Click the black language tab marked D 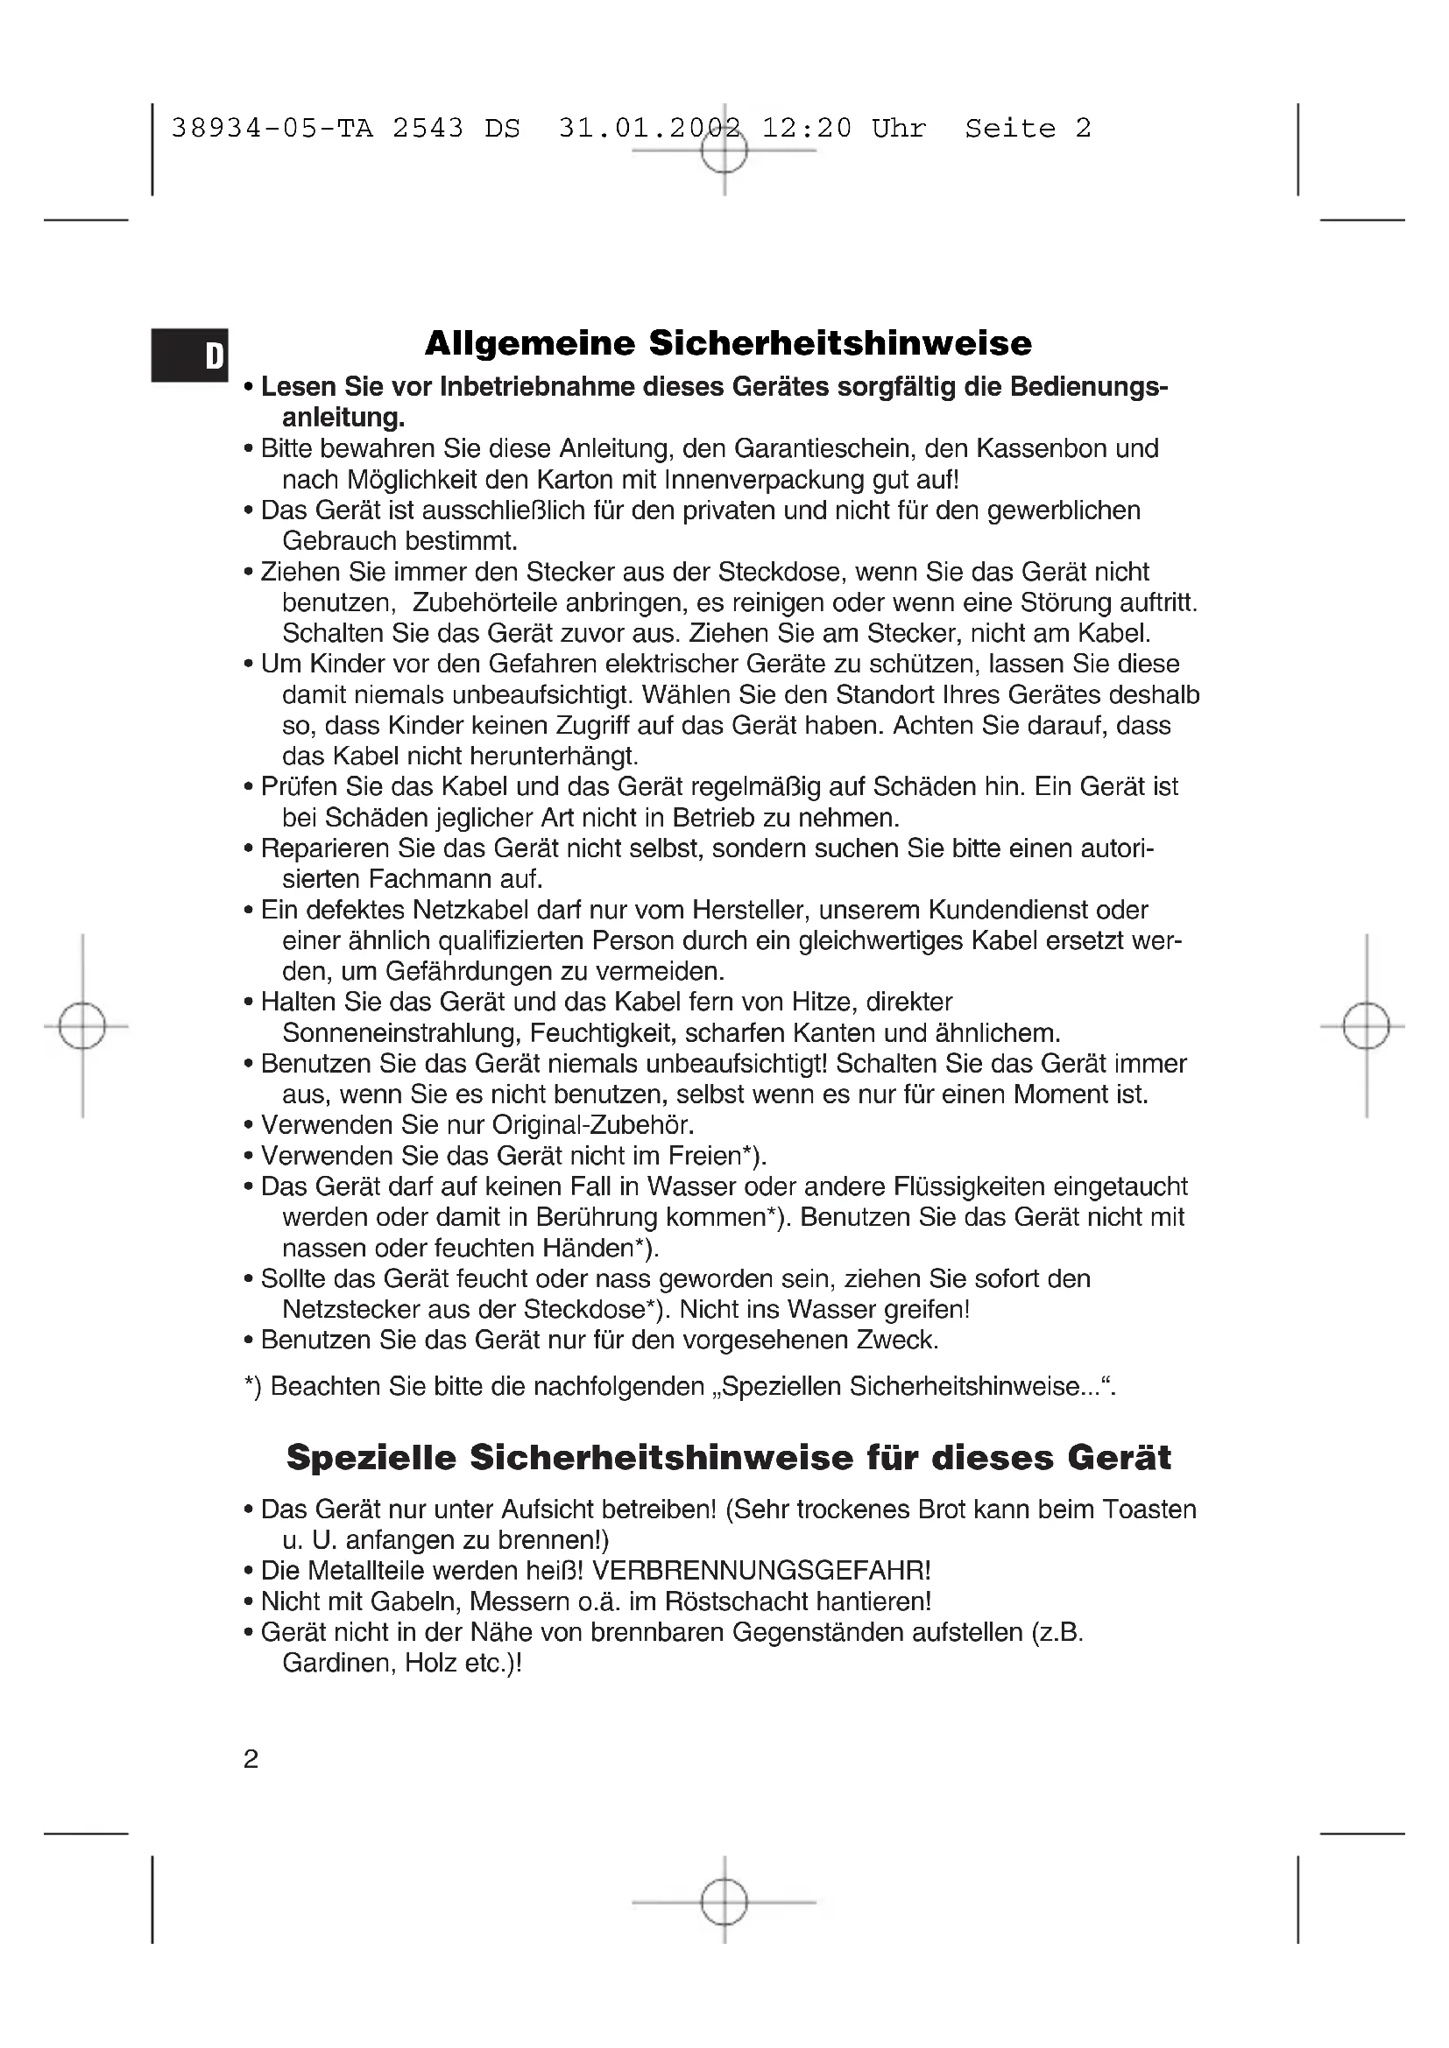coord(189,355)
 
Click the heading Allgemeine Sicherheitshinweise coord(728,343)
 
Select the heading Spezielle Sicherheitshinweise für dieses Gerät coord(728,1458)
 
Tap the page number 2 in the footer coord(251,1759)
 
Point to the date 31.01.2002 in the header coord(650,129)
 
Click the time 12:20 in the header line coord(807,129)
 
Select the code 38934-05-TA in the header coord(272,129)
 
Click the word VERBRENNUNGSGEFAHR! coord(761,1570)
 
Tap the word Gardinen coord(336,1663)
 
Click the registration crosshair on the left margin coord(82,1026)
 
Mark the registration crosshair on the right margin coord(1366,1026)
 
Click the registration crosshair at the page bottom coord(724,1902)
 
